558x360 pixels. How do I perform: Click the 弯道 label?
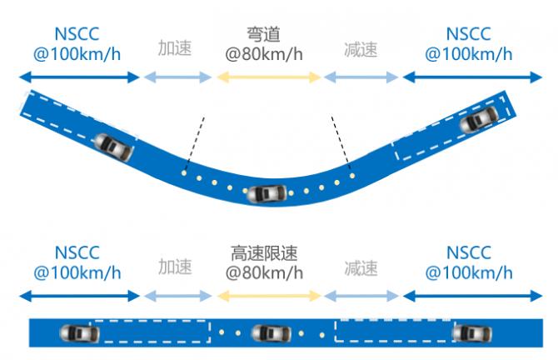tap(264, 34)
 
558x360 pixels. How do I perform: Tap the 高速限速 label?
tap(264, 253)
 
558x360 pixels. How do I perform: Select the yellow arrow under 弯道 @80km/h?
tap(269, 77)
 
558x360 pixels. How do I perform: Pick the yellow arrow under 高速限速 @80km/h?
tap(269, 296)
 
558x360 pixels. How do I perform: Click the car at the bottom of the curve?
tap(267, 194)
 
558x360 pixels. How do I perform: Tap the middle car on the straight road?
tap(272, 333)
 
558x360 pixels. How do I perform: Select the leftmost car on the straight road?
tap(79, 333)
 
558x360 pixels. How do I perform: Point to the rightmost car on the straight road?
tap(472, 333)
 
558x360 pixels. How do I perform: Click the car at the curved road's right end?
tap(479, 119)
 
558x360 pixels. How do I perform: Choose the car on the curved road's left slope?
tap(113, 147)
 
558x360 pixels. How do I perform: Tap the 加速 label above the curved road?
tap(175, 48)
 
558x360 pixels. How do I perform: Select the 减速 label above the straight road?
tap(361, 267)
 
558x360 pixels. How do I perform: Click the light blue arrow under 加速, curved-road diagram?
tap(178, 77)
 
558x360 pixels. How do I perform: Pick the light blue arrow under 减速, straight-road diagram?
tap(361, 296)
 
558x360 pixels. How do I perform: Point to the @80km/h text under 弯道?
tap(264, 54)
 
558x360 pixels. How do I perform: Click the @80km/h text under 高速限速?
tap(264, 272)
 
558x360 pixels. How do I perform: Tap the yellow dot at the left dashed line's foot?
tap(183, 173)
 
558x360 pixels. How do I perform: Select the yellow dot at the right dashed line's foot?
tap(352, 176)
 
